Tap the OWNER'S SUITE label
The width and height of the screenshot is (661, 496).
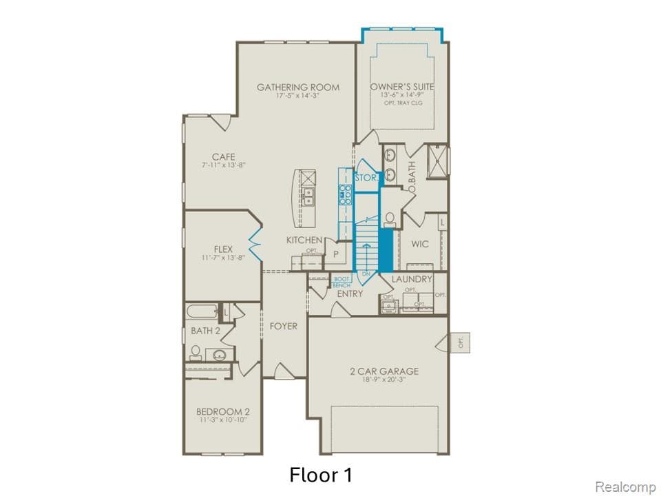tap(402, 87)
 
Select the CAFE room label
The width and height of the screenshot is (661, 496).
tap(223, 157)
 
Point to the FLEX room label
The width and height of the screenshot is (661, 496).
tap(223, 249)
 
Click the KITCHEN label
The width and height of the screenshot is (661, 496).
tap(305, 240)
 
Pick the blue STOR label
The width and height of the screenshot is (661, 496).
tap(366, 178)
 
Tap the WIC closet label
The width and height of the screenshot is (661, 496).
tap(420, 244)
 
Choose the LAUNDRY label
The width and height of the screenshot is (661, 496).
tap(412, 279)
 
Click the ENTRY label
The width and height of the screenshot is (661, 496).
tap(350, 293)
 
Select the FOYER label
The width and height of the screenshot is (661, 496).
tap(283, 325)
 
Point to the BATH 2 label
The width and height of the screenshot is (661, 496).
tap(205, 331)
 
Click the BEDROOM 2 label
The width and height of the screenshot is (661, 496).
tap(223, 411)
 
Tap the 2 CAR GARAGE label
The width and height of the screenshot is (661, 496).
tap(384, 371)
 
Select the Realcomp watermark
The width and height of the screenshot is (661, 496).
tap(625, 487)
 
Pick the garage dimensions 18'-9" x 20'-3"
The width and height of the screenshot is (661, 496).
tap(384, 380)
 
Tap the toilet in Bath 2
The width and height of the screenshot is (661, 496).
tap(196, 353)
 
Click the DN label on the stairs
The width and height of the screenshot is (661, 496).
tap(366, 274)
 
